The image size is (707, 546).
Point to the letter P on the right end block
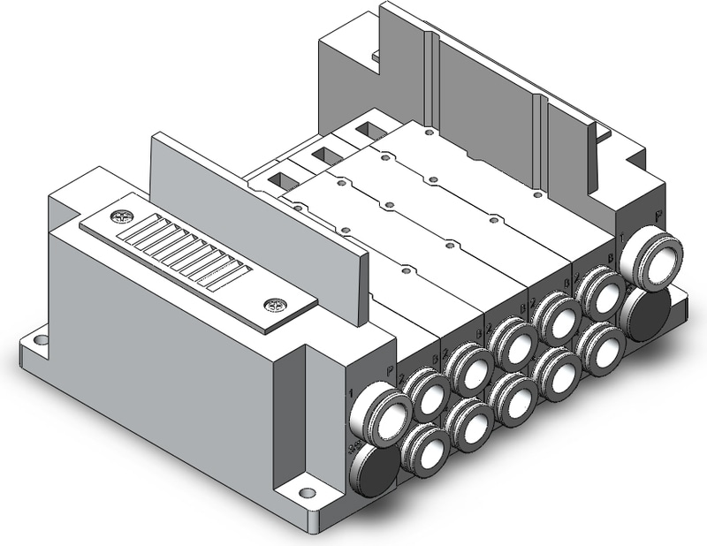(x=659, y=215)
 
